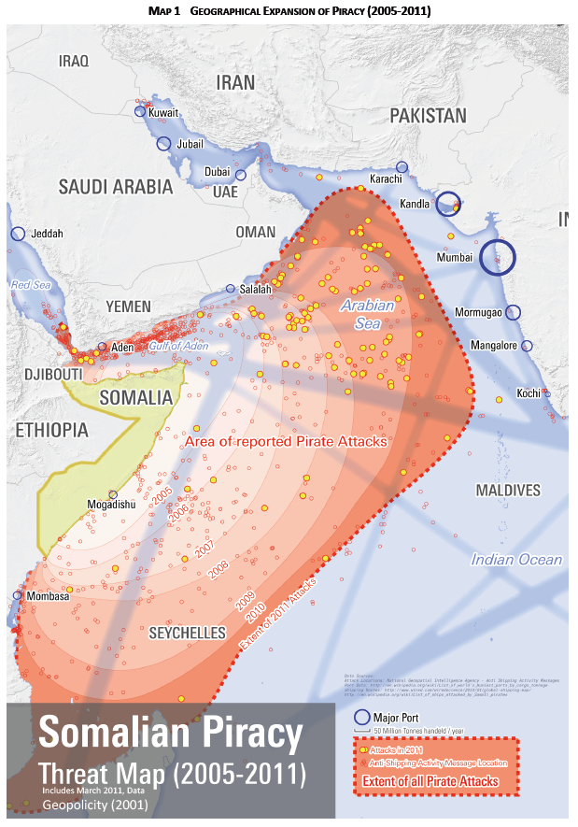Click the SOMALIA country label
pyautogui.click(x=136, y=397)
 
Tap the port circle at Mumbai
pyautogui.click(x=498, y=262)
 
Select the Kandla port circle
pyautogui.click(x=449, y=204)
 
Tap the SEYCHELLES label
pyautogui.click(x=188, y=633)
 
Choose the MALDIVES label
pyautogui.click(x=508, y=491)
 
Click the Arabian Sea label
pyautogui.click(x=367, y=314)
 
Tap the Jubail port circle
pyautogui.click(x=163, y=144)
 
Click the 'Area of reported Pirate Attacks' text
pyautogui.click(x=286, y=442)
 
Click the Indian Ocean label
pyautogui.click(x=516, y=560)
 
